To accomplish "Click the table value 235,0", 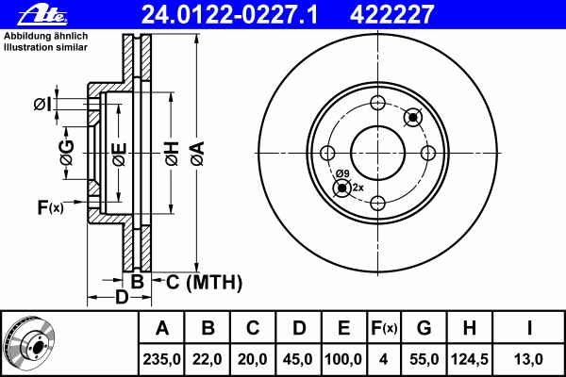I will coord(161,358).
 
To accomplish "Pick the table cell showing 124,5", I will coord(469,358).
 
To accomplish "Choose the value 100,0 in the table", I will coord(343,358).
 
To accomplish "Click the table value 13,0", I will coord(529,358).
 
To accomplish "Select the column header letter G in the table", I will coord(424,329).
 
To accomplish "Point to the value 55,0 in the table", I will coord(424,358).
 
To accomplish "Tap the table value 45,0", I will coord(298,358).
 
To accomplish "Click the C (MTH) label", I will coord(204,281).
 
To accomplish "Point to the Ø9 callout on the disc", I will coord(342,174).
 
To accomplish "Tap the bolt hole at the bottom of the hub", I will coord(377,203).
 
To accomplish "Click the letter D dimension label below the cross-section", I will coord(122,299).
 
